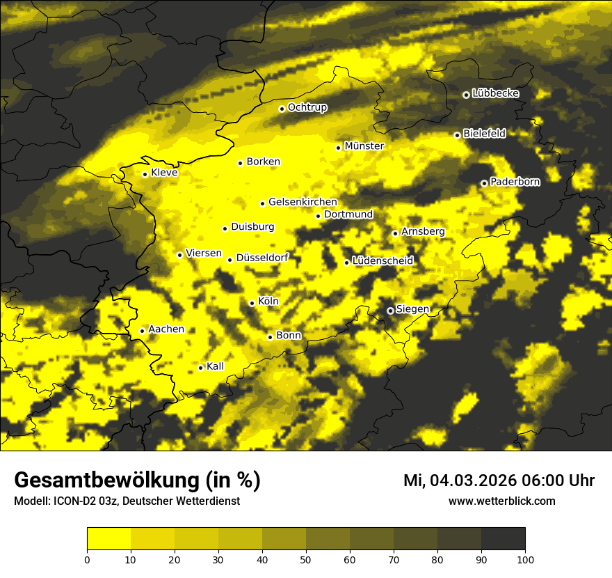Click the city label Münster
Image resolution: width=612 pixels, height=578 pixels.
click(364, 146)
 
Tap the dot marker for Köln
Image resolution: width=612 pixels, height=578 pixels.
click(252, 303)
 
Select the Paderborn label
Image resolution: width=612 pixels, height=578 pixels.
click(515, 182)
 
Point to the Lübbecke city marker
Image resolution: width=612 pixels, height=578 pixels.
click(466, 95)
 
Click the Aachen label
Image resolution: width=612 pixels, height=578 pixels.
click(166, 329)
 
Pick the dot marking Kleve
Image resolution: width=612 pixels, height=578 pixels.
click(145, 174)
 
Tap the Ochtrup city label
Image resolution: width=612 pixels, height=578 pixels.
click(307, 107)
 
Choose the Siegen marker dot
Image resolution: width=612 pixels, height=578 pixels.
click(390, 311)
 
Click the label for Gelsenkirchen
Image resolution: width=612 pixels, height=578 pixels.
click(302, 202)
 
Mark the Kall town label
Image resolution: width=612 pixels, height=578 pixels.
click(215, 366)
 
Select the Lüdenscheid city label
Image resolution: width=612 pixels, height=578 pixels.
click(382, 261)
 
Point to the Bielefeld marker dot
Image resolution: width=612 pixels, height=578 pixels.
click(457, 135)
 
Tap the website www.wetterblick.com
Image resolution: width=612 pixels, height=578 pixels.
click(501, 501)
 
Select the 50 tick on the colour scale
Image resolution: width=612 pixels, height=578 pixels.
click(306, 559)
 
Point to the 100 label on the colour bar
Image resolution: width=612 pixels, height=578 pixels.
click(525, 559)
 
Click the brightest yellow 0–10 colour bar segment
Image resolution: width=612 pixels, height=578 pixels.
click(108, 539)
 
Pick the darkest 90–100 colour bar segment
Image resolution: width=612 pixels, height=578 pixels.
click(503, 539)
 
